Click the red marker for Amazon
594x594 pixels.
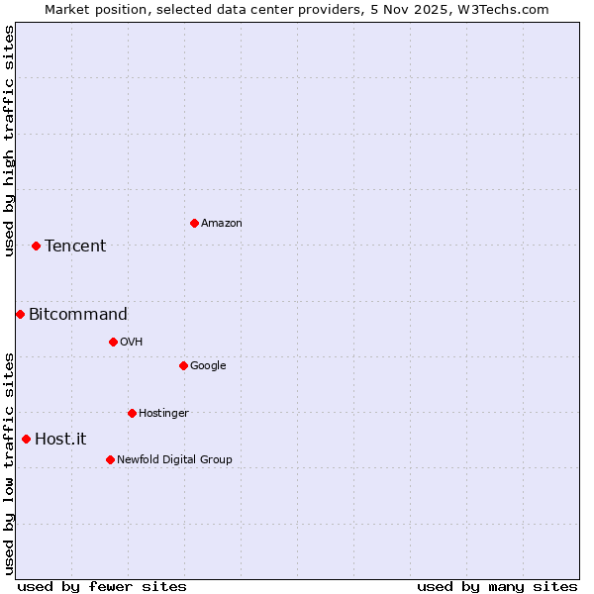[x=194, y=223]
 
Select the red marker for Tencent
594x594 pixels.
[x=36, y=246]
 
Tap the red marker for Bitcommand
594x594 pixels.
[x=20, y=314]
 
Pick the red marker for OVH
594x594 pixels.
[x=113, y=342]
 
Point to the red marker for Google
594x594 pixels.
[x=183, y=365]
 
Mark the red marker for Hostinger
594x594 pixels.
[x=132, y=413]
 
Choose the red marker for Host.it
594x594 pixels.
[x=26, y=439]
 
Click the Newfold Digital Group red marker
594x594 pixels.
[x=110, y=459]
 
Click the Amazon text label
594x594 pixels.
[x=222, y=224]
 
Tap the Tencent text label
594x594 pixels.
[x=75, y=247]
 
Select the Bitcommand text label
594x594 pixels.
[x=78, y=315]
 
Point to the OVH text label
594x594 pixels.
[x=132, y=343]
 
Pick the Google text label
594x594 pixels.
[x=208, y=366]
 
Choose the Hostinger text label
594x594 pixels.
[x=163, y=414]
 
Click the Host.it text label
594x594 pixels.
[x=60, y=440]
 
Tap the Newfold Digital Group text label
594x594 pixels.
[x=174, y=460]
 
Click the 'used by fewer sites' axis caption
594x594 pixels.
[x=102, y=586]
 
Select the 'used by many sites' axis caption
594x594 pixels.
[x=497, y=586]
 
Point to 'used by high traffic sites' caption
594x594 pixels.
[x=10, y=142]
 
